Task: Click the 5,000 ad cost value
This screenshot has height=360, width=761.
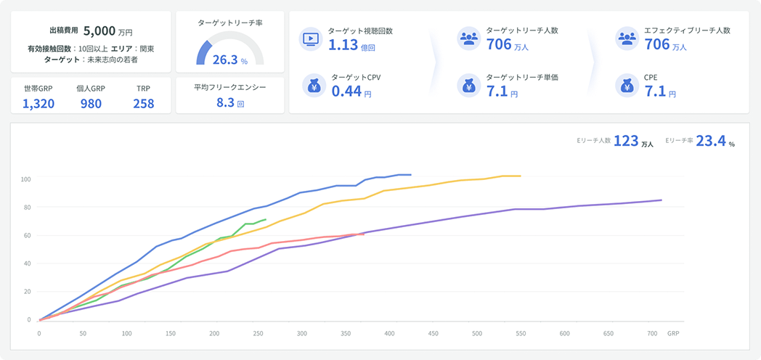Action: pos(99,31)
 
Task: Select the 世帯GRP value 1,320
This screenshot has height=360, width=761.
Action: pos(38,103)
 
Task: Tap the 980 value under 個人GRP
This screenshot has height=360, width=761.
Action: pos(91,103)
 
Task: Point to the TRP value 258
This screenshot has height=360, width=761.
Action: pos(143,103)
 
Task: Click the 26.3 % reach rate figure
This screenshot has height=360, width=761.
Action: pos(226,60)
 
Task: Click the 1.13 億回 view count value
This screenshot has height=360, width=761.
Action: pos(343,45)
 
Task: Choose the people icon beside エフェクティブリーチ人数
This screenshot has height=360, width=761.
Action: pos(626,38)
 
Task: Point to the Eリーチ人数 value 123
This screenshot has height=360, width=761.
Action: pos(625,142)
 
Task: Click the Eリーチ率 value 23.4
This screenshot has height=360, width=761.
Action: pos(711,142)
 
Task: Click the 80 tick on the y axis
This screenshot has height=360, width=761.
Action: pos(26,208)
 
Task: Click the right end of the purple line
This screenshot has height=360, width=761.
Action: pos(662,200)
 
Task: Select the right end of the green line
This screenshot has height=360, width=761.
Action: pos(266,219)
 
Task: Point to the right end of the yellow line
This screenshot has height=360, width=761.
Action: pos(521,176)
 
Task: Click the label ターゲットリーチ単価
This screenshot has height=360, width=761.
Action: pos(521,77)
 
